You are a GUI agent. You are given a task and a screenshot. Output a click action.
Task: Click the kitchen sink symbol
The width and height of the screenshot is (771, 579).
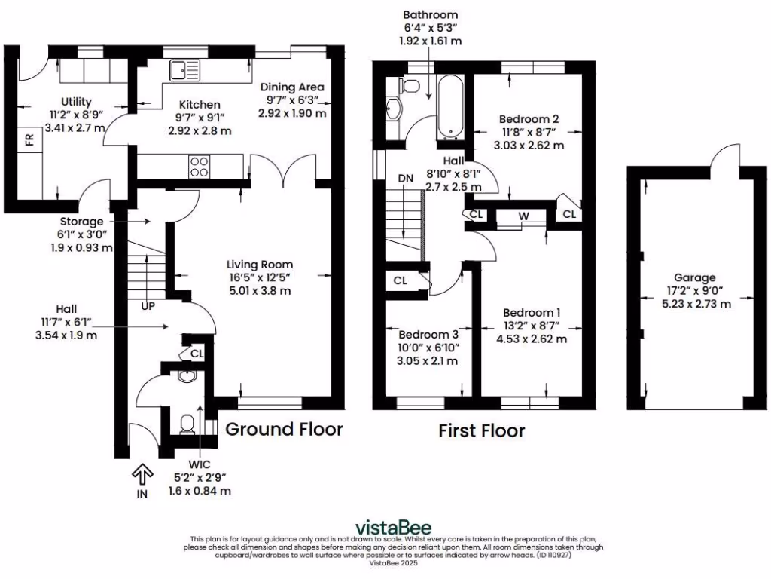(185, 70)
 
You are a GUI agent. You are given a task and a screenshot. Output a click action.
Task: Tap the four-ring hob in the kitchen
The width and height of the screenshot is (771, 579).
(199, 166)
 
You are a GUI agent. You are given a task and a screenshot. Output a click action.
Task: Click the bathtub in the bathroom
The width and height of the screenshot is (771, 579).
(449, 108)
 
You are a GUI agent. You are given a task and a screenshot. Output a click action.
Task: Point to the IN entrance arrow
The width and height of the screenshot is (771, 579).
(141, 474)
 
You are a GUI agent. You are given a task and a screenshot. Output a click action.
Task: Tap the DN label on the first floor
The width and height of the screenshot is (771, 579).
(406, 178)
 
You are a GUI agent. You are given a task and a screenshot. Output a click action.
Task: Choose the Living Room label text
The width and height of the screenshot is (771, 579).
(260, 264)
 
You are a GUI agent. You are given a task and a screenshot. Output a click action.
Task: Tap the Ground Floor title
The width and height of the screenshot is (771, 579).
(285, 430)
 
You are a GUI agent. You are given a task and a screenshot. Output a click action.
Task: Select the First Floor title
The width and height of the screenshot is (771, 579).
(482, 431)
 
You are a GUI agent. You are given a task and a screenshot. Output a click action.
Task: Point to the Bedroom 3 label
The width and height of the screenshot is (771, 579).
(428, 334)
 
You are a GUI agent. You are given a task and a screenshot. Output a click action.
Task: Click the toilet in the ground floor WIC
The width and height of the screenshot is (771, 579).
(187, 423)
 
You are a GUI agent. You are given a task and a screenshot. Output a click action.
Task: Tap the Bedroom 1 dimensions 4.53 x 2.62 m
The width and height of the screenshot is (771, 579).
(532, 339)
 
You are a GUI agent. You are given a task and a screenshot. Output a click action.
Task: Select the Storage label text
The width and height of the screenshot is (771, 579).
(81, 222)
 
